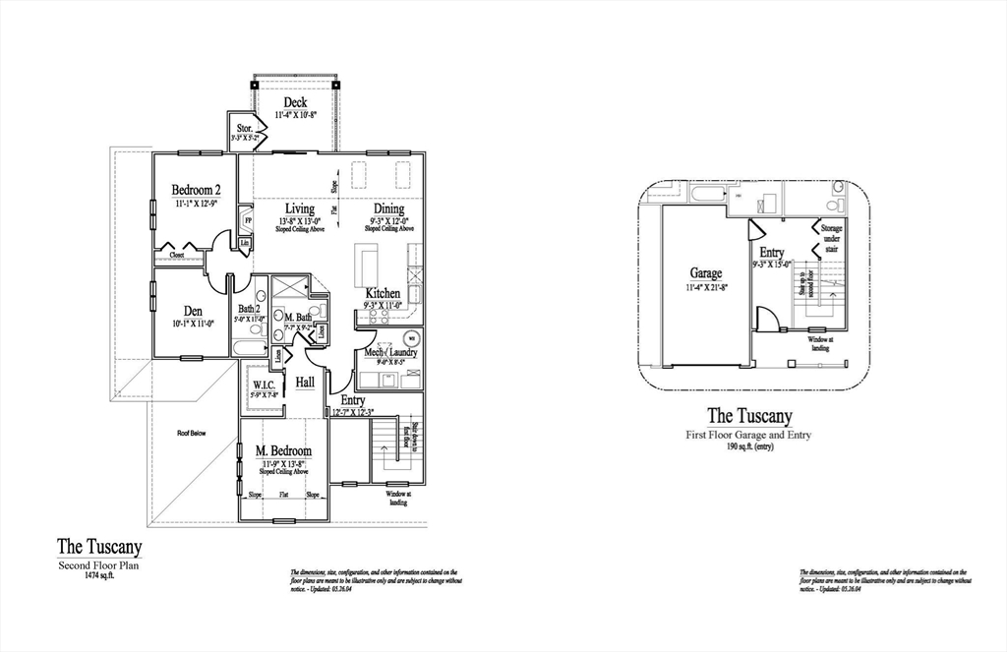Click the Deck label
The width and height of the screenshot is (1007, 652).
coord(295,102)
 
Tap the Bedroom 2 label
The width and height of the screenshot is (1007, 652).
coord(196,190)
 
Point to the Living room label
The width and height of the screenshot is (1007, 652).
coord(300,208)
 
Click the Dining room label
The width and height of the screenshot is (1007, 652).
coord(388,208)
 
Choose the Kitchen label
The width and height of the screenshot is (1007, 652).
coord(383,293)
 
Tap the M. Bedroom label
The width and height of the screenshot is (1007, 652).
coord(284,450)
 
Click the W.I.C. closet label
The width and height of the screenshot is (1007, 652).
coord(264,384)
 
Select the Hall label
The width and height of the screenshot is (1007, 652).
coord(305,381)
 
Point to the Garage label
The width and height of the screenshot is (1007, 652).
coord(705,273)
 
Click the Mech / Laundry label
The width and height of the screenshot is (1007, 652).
coord(390,352)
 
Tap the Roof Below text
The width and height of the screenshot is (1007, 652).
coord(192,433)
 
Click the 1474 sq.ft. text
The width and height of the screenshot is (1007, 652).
coord(97,576)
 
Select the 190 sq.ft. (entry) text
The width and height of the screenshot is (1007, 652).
coord(748,445)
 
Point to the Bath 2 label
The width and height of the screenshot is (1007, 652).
coord(247,309)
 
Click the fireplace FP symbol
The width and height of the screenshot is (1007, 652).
coord(247,220)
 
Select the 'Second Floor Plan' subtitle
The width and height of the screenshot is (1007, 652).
coord(99,565)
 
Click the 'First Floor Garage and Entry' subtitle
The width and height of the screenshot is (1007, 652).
coord(748,434)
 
